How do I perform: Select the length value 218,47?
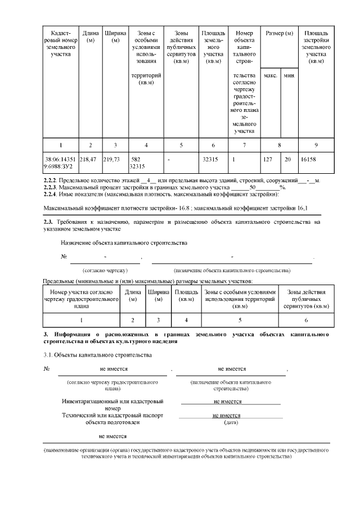tap(88, 160)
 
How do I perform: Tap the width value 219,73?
tap(112, 160)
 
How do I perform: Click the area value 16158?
tap(309, 160)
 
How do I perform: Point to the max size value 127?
tap(268, 160)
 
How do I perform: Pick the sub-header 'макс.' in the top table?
tap(270, 75)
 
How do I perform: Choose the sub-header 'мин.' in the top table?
tap(289, 75)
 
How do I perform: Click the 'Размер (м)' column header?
tap(280, 34)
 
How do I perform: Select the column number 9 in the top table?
tap(316, 145)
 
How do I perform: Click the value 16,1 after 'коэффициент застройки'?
tap(303, 208)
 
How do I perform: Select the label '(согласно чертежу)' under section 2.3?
tap(105, 271)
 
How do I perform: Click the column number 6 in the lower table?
tap(306, 320)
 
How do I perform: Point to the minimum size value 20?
tap(287, 160)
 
